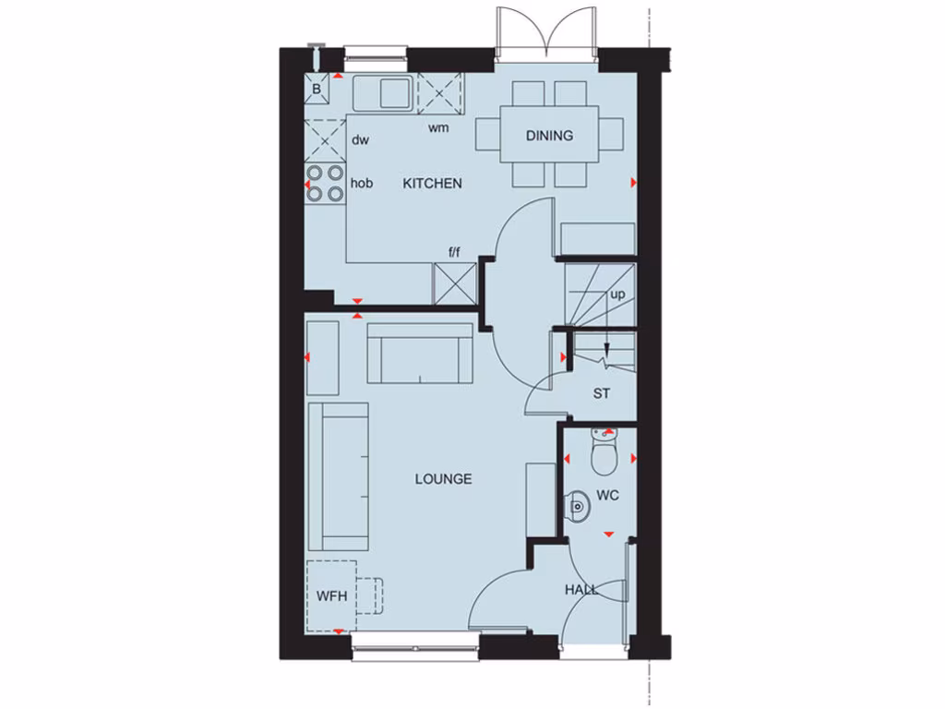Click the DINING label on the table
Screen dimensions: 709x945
click(549, 136)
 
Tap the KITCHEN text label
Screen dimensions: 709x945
click(432, 184)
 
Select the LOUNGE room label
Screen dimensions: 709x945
click(443, 479)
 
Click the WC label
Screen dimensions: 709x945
click(607, 496)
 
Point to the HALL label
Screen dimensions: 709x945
click(581, 589)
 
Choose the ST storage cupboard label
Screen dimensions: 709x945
click(602, 394)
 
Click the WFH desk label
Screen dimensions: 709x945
click(331, 595)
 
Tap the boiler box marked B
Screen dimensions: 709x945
click(317, 90)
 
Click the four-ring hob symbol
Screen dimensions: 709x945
click(325, 183)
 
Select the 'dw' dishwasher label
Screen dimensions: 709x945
click(360, 140)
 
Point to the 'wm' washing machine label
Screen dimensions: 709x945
click(438, 127)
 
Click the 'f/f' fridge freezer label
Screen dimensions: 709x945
click(454, 252)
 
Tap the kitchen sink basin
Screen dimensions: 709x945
click(394, 92)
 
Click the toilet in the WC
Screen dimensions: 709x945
click(604, 452)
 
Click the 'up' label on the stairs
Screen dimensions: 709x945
click(617, 294)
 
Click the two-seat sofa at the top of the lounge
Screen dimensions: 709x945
click(421, 353)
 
